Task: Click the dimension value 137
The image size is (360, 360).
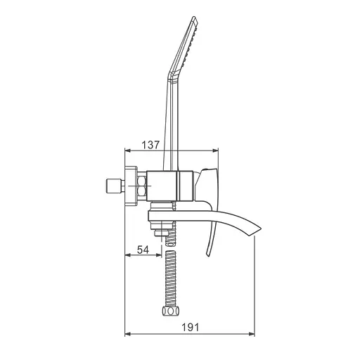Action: (x=150, y=145)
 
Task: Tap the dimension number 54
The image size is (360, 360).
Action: (x=143, y=250)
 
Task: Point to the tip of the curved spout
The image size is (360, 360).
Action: (x=261, y=228)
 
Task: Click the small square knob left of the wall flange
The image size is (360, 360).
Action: (x=112, y=186)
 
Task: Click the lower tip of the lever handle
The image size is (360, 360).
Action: (x=207, y=255)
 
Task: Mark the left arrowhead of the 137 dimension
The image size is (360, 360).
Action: (x=127, y=150)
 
